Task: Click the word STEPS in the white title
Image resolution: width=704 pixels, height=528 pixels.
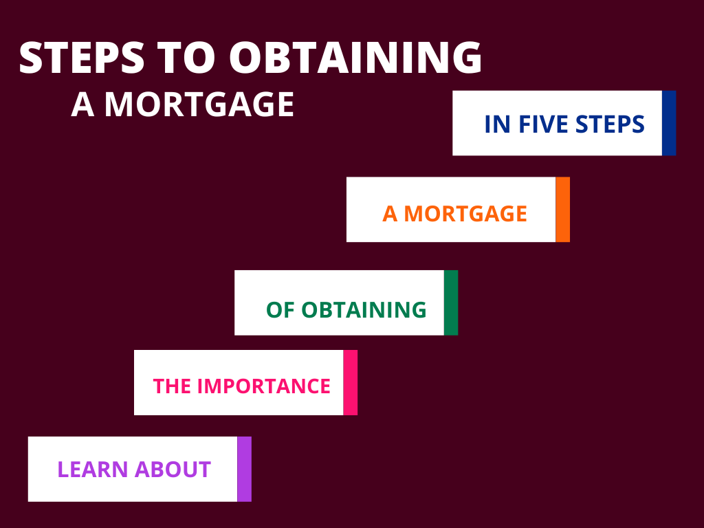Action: click(82, 58)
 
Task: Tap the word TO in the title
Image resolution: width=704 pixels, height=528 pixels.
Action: click(186, 58)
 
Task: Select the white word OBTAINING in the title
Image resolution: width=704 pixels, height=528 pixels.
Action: click(355, 58)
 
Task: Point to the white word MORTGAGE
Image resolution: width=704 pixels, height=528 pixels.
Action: click(199, 104)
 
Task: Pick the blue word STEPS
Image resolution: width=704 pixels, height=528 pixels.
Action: click(610, 124)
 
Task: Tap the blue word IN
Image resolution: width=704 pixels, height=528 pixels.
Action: click(498, 124)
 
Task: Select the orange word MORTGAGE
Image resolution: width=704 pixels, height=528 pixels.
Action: click(465, 214)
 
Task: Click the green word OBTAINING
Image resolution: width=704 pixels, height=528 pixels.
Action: click(364, 310)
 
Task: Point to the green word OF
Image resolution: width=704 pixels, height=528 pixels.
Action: click(280, 310)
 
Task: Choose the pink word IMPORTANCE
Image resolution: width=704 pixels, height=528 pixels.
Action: click(264, 386)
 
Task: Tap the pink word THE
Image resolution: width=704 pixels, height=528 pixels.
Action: click(172, 386)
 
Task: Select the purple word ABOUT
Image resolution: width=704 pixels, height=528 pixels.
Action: click(173, 470)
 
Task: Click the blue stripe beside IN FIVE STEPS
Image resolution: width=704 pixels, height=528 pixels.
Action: click(669, 123)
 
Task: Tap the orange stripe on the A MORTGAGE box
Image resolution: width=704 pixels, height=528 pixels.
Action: click(563, 209)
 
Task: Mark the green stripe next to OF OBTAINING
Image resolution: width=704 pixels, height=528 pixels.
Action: click(451, 302)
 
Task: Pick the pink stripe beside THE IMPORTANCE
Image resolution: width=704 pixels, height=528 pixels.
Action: click(351, 382)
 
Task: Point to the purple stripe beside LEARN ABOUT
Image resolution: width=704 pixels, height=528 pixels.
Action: click(245, 469)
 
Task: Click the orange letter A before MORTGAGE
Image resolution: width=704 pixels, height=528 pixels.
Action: click(390, 214)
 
